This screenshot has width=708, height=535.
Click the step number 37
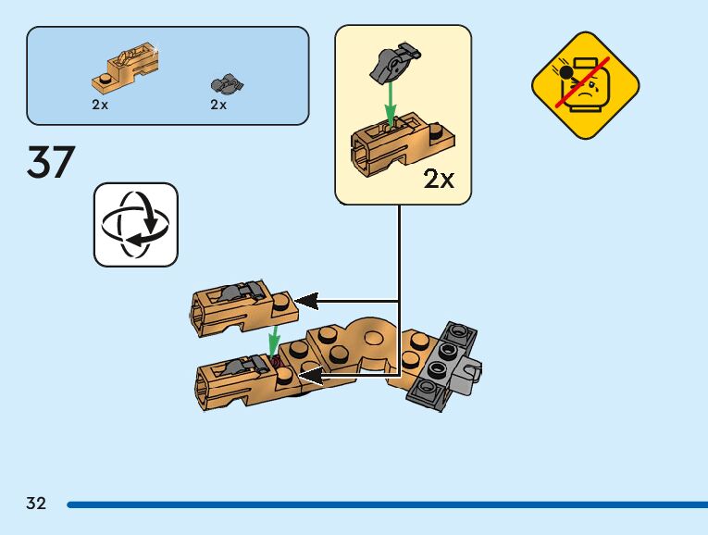point(51,163)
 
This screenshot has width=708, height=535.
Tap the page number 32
point(35,504)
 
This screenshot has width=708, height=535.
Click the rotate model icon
point(135,225)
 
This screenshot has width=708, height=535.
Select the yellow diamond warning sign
point(586,85)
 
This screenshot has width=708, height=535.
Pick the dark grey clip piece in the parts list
point(227,84)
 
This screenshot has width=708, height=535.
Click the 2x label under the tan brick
point(100,105)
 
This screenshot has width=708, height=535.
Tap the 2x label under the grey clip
point(218,105)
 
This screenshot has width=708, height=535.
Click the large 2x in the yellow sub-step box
point(439,179)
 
